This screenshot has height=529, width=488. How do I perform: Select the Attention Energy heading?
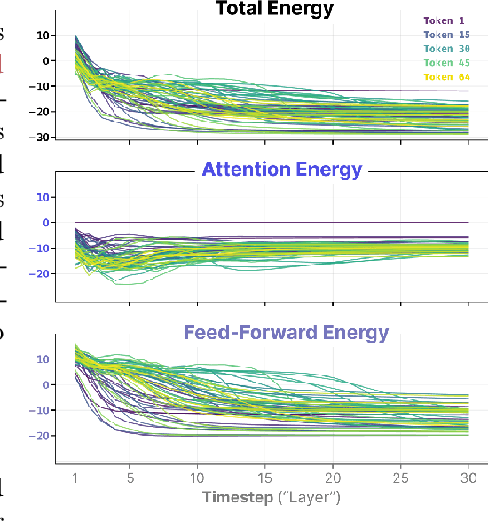[282, 170]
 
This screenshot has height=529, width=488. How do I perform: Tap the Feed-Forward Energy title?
[286, 333]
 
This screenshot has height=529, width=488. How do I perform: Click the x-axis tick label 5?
[130, 478]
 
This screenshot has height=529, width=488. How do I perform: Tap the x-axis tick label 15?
[265, 478]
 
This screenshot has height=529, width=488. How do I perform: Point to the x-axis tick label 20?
[334, 478]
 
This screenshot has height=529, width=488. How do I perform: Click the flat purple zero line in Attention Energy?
[266, 222]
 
